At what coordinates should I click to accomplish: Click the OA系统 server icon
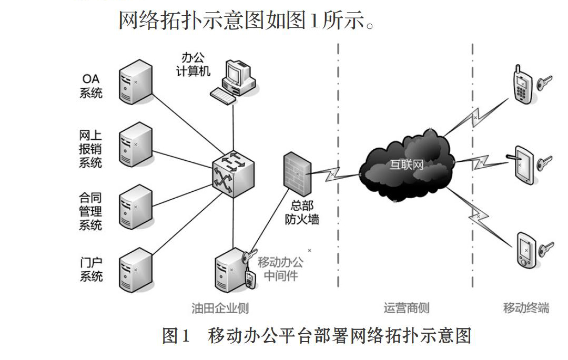point(136,82)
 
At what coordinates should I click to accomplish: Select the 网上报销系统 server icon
point(136,145)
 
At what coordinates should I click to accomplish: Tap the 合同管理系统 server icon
point(136,207)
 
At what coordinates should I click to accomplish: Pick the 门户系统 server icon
point(136,270)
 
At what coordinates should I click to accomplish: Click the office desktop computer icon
point(234,82)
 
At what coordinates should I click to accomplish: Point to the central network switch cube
point(233,174)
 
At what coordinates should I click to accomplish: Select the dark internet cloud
point(407,166)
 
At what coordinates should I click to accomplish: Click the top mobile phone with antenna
point(523,85)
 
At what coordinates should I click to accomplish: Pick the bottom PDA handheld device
point(526,250)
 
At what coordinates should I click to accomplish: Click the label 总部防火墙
point(302,212)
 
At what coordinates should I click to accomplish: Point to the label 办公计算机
point(193,65)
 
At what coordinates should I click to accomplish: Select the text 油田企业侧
point(220,308)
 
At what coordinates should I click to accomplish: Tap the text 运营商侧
point(407,308)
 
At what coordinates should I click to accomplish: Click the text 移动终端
point(526,308)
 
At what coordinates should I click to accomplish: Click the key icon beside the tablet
point(545,162)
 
